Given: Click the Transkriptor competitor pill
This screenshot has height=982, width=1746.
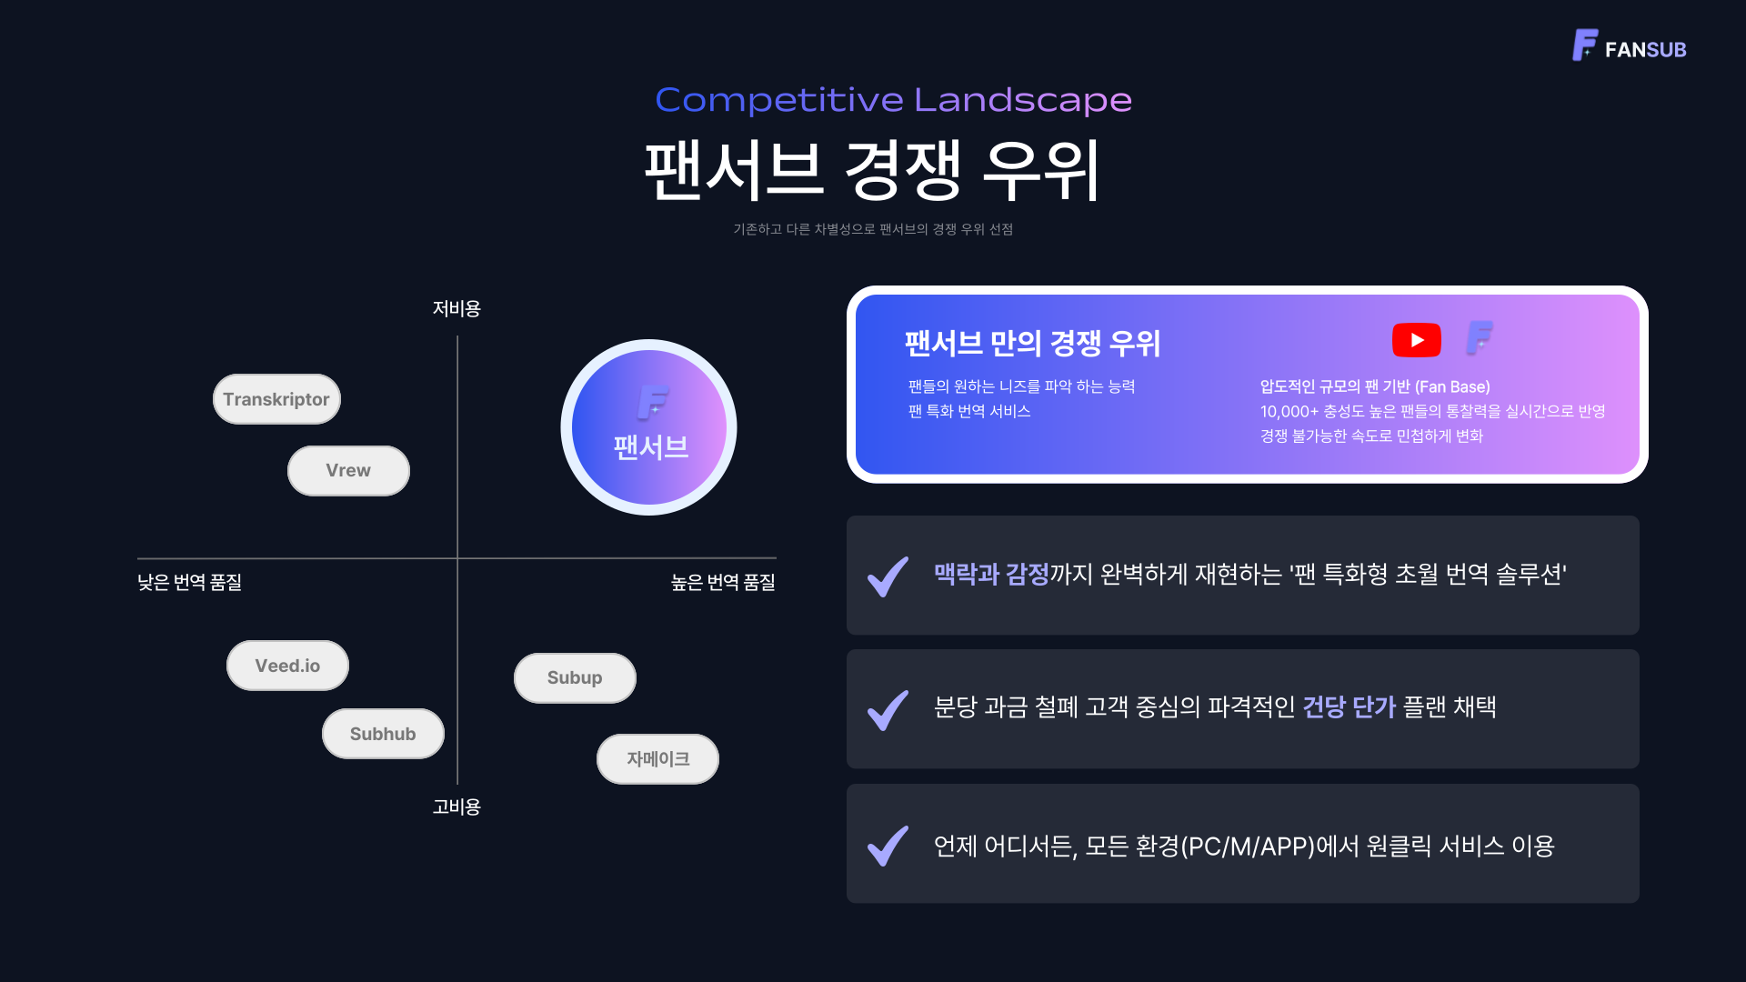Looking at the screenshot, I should click(276, 399).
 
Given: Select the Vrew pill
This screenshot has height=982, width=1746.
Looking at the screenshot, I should click(348, 471).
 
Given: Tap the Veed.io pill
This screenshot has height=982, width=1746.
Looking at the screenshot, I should click(287, 666).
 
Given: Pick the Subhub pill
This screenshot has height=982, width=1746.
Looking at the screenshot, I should click(383, 734).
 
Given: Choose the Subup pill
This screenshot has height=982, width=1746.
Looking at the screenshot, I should click(575, 678).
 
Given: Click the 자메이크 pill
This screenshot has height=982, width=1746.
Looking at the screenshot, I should click(657, 759).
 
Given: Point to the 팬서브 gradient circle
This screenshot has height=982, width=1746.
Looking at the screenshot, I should click(648, 427).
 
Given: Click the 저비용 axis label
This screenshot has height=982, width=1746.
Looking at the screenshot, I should click(457, 309).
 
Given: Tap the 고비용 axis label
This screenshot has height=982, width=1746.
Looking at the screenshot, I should click(457, 807).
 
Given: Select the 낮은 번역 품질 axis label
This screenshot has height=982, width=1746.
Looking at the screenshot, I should click(189, 583).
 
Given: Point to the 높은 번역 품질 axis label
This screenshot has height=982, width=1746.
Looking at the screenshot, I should click(723, 583).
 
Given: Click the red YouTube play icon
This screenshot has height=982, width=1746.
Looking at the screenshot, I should click(1416, 340).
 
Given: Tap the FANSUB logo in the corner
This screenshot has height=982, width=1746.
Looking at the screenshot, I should click(1629, 46).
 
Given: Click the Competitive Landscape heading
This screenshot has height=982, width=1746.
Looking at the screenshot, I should click(893, 100).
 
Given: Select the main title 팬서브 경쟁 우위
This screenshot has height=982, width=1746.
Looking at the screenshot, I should click(873, 171).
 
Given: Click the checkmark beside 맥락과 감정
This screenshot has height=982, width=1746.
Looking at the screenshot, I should click(888, 576).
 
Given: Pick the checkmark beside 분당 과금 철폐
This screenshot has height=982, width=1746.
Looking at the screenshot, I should click(888, 710).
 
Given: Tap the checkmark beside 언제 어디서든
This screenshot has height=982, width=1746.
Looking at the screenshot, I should click(888, 846).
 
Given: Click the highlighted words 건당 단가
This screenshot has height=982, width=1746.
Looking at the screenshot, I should click(1349, 707).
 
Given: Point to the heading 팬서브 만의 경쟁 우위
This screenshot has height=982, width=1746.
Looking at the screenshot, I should click(1032, 344).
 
